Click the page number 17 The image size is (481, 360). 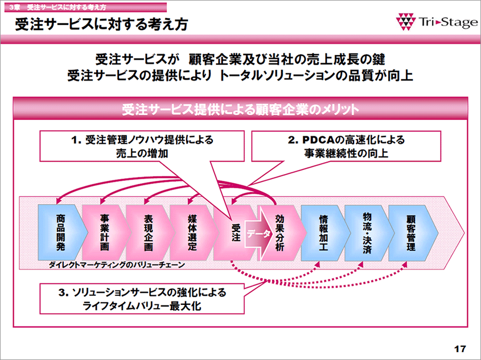pyautogui.click(x=460, y=349)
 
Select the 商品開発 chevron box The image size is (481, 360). pyautogui.click(x=62, y=233)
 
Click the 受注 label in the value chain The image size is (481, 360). pyautogui.click(x=236, y=233)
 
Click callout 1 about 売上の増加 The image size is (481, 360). pyautogui.click(x=142, y=146)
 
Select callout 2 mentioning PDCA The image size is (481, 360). pyautogui.click(x=346, y=146)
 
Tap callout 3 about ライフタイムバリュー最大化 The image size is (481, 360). pyautogui.click(x=142, y=299)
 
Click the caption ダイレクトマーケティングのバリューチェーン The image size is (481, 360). pyautogui.click(x=117, y=265)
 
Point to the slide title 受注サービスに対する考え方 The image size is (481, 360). pyautogui.click(x=101, y=24)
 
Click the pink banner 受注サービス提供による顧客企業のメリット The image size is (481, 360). pyautogui.click(x=240, y=109)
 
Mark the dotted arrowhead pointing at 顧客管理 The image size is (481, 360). pyautogui.click(x=405, y=264)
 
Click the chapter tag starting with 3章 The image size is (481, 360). pyautogui.click(x=57, y=7)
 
